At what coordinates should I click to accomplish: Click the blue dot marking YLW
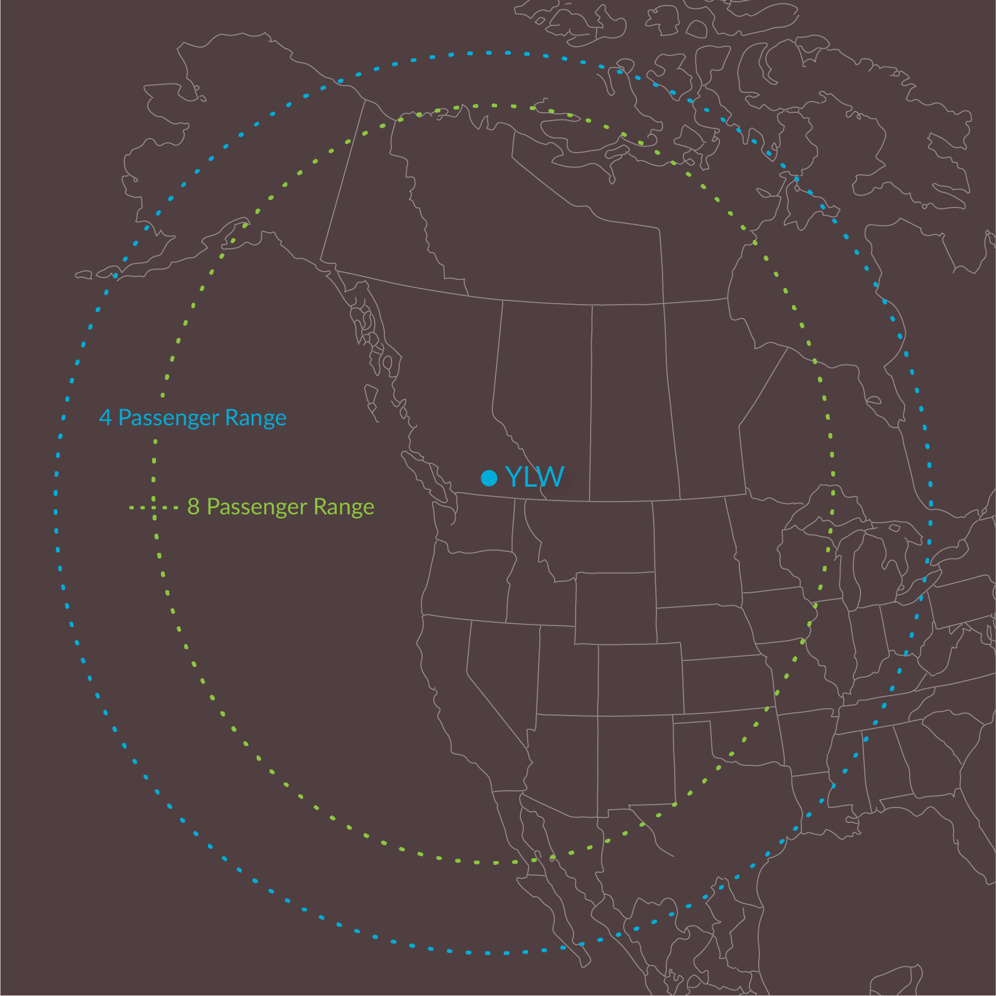489,478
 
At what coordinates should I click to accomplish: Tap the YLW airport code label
534,477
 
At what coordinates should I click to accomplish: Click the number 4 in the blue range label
105,418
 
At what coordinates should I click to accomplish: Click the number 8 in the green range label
194,507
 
